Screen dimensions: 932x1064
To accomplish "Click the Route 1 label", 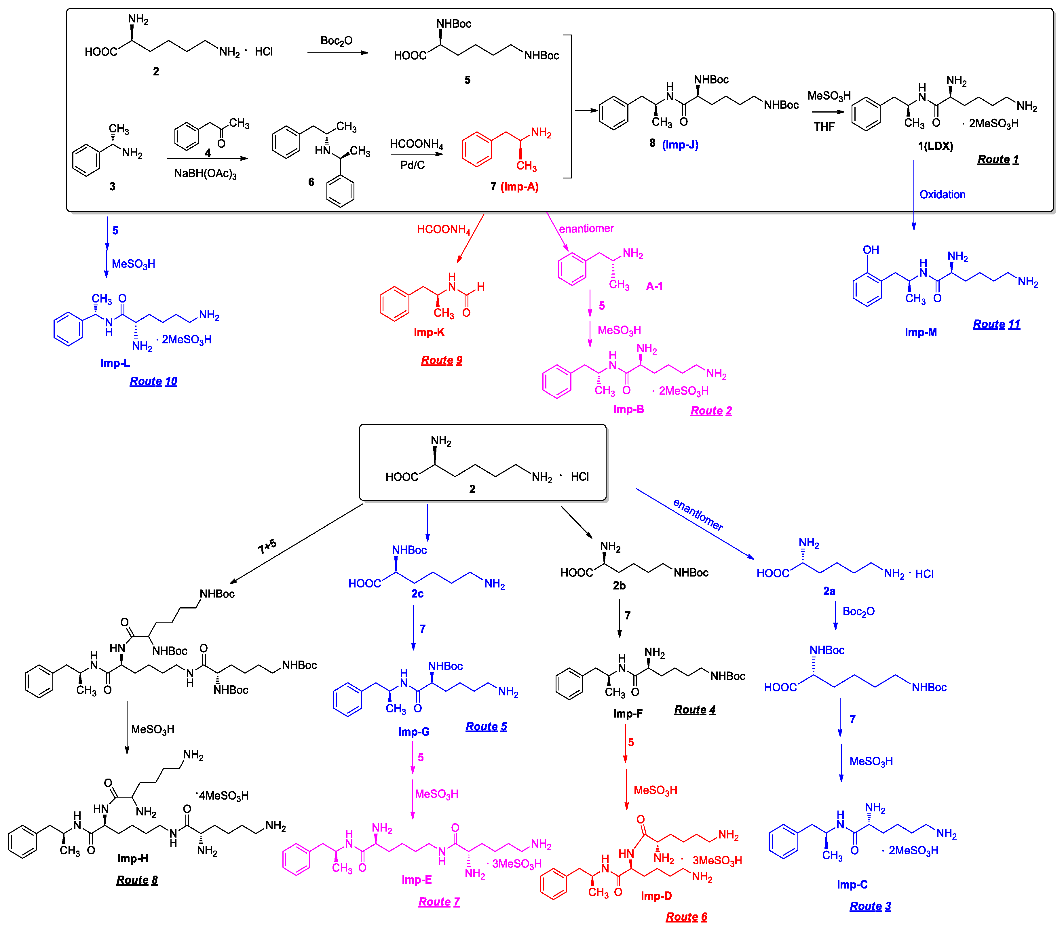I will (998, 160).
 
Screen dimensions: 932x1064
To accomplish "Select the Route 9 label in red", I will (442, 360).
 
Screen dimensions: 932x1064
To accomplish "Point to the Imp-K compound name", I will (429, 332).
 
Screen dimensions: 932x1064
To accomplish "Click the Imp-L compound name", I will (115, 363).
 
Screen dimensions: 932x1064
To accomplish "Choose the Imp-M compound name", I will (920, 332).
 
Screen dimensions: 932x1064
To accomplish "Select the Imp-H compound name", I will (133, 858).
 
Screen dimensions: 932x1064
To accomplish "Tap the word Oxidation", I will (942, 195).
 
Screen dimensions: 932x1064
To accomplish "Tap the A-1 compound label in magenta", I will (654, 286).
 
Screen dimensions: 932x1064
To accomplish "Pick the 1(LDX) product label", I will (935, 146).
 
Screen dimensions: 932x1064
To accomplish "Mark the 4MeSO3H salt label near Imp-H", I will (223, 796).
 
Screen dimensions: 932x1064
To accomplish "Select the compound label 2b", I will (619, 586).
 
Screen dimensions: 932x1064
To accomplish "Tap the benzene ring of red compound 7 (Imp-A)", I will (476, 149).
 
